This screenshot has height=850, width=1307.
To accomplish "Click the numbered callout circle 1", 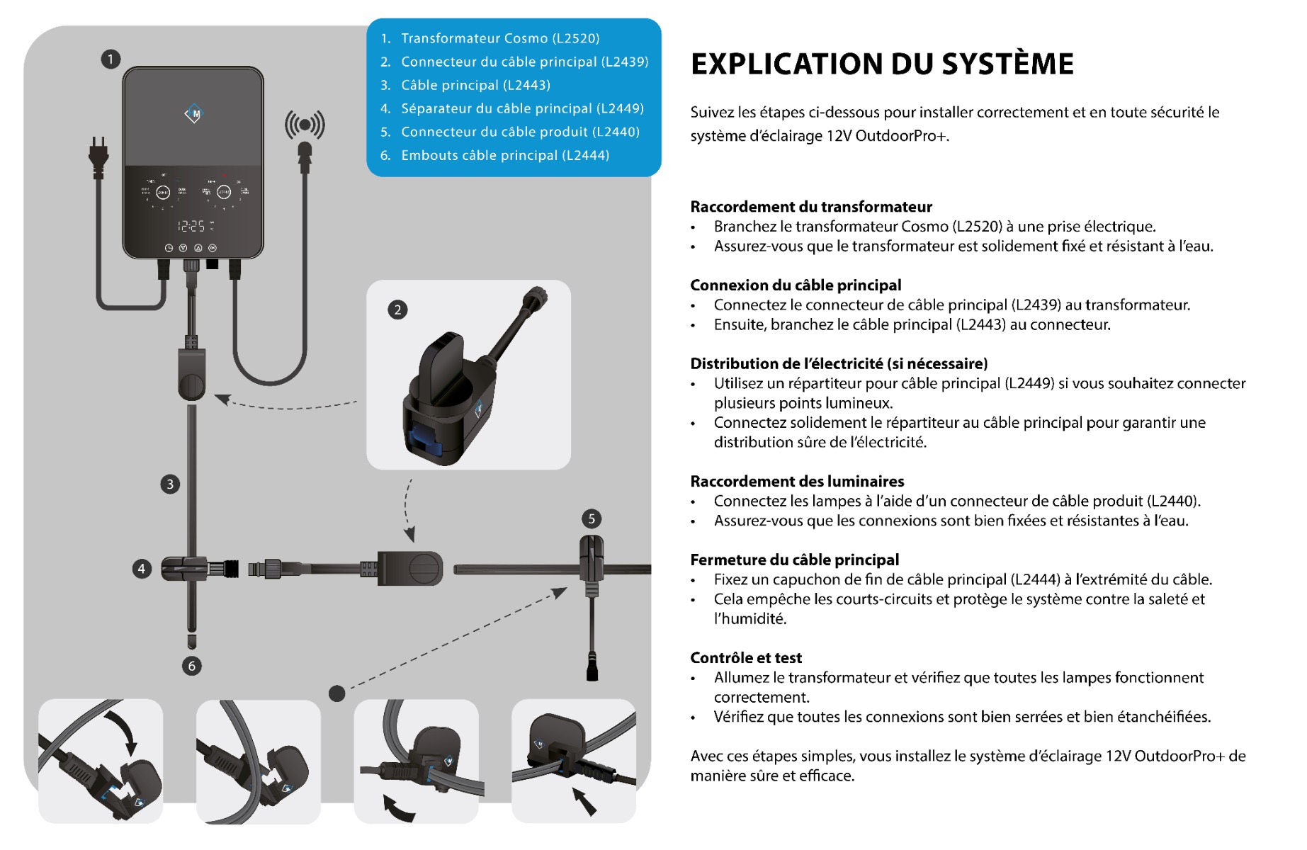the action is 111,59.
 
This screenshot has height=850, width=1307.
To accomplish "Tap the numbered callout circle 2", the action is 397,310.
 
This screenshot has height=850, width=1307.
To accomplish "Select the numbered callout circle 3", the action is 170,484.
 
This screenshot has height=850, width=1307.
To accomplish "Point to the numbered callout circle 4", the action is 142,569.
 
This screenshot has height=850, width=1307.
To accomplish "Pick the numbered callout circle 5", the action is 592,518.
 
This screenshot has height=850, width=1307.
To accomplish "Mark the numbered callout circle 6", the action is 192,666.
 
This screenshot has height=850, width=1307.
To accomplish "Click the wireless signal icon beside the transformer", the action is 305,125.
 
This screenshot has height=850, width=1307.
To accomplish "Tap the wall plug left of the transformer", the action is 99,157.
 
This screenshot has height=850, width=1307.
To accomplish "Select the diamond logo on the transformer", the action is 193,113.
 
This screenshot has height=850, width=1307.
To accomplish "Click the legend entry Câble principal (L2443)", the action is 475,85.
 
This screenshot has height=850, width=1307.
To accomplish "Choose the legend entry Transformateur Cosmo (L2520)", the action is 500,38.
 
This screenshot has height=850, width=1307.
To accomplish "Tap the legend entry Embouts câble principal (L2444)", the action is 505,155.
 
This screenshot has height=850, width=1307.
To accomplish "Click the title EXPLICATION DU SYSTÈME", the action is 882,64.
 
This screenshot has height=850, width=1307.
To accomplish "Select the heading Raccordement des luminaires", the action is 797,482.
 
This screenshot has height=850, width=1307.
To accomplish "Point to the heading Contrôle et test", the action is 746,658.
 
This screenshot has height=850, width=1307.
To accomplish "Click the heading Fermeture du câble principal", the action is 794,560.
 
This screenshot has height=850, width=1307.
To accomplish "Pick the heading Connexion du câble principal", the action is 796,285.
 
